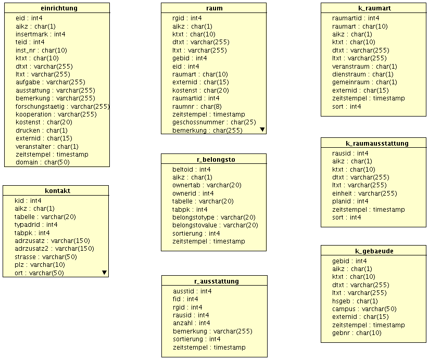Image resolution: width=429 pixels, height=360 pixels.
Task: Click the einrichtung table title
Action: pos(59,8)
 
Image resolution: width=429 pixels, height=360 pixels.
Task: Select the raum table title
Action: pos(214,8)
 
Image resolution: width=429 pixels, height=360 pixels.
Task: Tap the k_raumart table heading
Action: pos(375,8)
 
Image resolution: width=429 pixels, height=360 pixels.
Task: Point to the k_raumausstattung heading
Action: pos(377,143)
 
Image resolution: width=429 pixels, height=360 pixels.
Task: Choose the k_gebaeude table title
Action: pos(374,251)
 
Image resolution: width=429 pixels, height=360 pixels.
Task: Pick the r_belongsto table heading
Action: pos(214,160)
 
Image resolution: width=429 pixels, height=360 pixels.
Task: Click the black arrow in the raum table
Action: pos(262,128)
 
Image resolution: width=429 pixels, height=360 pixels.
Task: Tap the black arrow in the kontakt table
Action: pos(104,272)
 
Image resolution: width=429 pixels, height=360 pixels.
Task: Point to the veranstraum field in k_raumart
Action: pos(364,66)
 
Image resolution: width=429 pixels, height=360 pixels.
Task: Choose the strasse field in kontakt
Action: pos(46,256)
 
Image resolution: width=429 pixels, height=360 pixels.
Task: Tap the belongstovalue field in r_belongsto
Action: pos(215,225)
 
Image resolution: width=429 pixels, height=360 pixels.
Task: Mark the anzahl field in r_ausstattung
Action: pos(192,323)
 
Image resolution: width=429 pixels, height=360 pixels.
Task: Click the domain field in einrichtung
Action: pos(43,162)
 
